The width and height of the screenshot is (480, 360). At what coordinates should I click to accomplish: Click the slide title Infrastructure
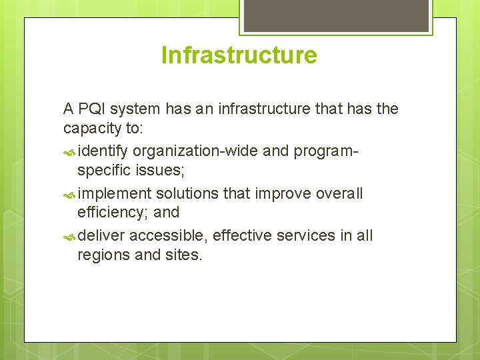tap(239, 55)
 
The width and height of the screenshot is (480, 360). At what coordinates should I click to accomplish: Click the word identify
tap(103, 151)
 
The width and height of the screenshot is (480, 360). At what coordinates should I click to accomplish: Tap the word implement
tap(115, 194)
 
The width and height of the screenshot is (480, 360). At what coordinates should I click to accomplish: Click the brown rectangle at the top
tap(335, 15)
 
